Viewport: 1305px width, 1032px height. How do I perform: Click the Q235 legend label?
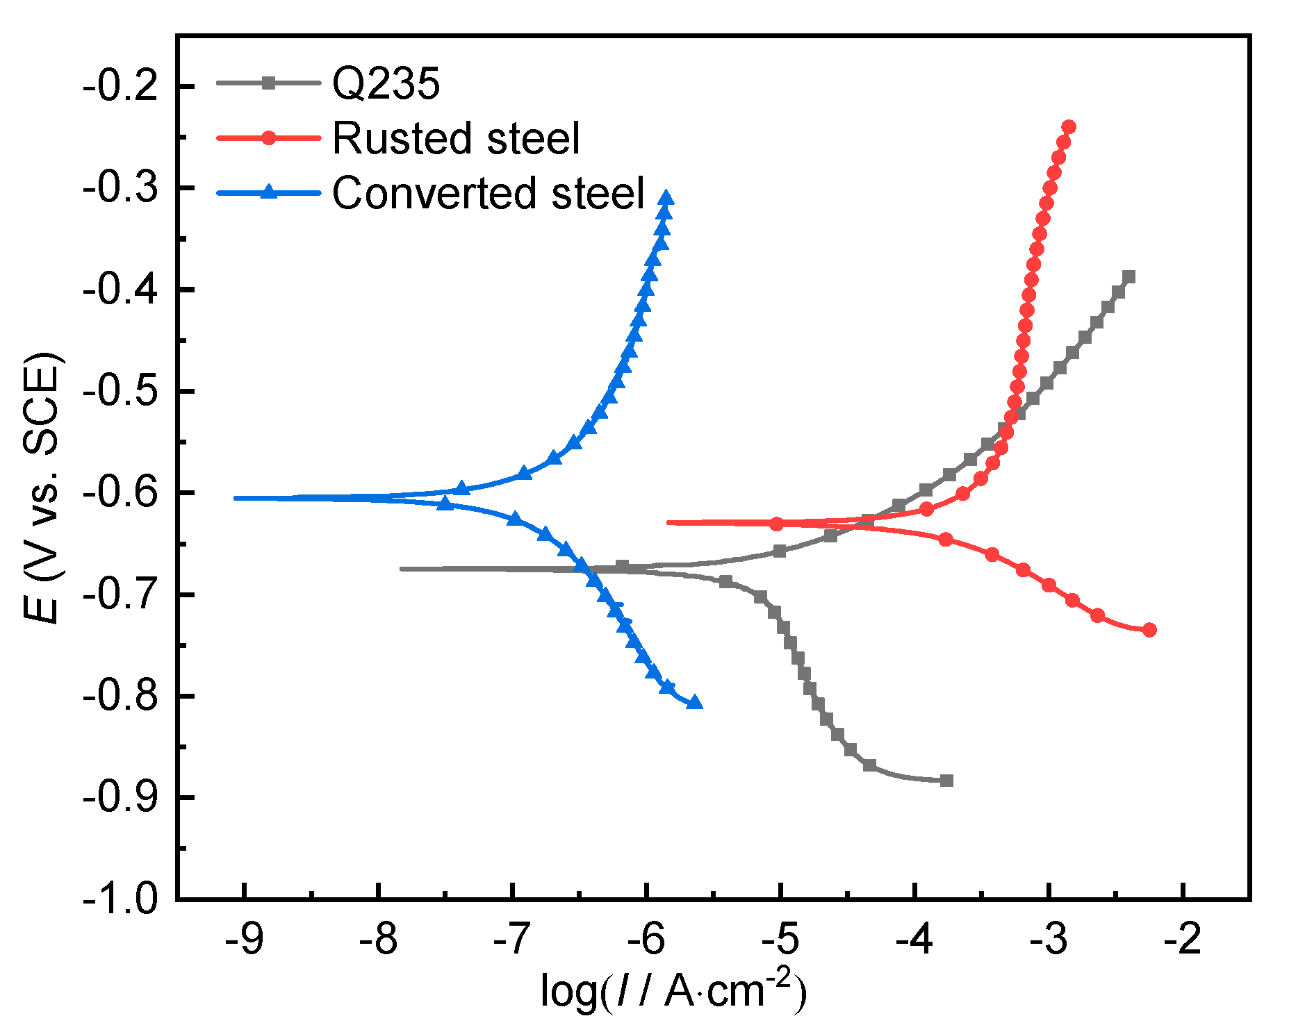point(386,84)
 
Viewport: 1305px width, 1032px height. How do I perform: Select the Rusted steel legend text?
point(455,138)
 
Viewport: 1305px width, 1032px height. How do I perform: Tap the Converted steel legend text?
point(489,192)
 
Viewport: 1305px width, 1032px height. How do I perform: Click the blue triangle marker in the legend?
point(268,192)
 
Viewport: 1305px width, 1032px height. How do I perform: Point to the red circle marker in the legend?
point(268,138)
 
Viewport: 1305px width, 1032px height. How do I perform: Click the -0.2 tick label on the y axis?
point(120,86)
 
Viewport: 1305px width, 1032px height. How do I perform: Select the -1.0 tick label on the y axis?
point(120,899)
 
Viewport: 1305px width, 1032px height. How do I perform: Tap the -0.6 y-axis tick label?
point(120,492)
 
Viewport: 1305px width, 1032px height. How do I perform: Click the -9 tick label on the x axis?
point(244,939)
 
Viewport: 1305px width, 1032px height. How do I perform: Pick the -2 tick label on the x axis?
point(1182,939)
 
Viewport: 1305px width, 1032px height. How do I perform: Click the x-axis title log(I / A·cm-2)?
point(673,991)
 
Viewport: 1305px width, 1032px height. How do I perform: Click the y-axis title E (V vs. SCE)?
point(43,490)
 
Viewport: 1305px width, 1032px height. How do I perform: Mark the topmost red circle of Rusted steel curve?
point(1069,127)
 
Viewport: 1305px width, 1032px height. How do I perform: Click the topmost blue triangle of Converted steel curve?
point(666,198)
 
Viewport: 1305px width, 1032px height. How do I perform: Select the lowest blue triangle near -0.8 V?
point(694,702)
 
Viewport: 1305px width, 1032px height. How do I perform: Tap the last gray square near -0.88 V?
point(946,781)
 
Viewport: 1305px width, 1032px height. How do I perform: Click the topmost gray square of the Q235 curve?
point(1128,277)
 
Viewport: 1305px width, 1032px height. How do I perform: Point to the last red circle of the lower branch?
point(1149,630)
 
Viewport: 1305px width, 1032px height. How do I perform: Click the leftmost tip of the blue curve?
point(236,498)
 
